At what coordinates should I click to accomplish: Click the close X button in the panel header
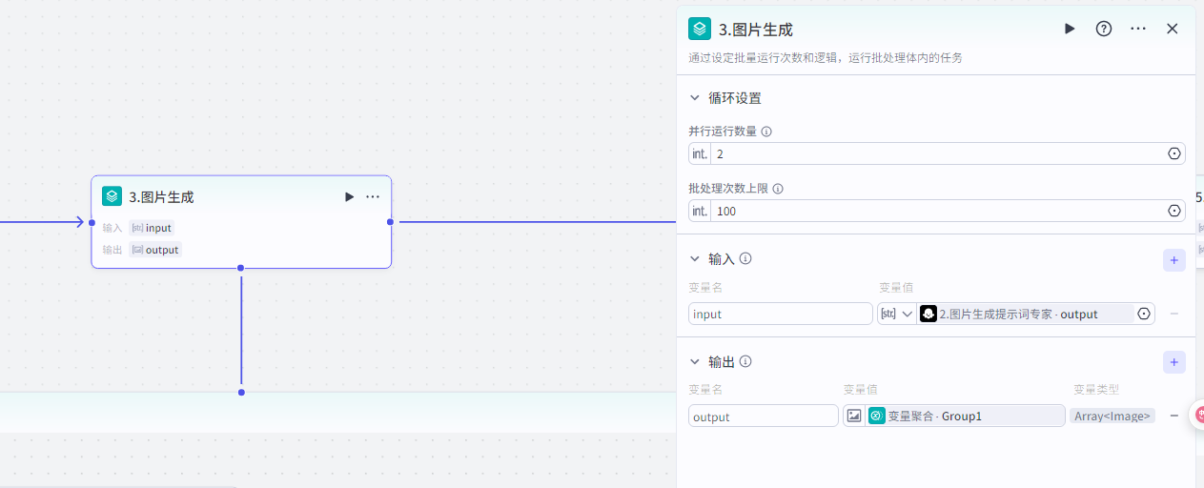[1173, 29]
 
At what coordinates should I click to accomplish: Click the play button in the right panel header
[1070, 29]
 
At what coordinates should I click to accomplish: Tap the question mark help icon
[1104, 29]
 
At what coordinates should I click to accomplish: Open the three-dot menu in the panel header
[1138, 29]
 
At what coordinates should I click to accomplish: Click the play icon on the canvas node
[349, 196]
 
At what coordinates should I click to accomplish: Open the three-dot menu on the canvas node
[373, 196]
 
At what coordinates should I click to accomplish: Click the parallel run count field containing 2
[934, 153]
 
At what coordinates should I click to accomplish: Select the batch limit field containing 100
[934, 211]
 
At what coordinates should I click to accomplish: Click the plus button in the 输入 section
[1173, 259]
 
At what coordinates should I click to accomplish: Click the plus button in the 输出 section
[1173, 362]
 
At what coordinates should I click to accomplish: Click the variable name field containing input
[780, 314]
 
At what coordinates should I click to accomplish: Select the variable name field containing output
[764, 417]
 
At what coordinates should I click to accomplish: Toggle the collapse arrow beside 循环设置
[695, 98]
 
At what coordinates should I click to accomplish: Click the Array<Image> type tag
[1112, 417]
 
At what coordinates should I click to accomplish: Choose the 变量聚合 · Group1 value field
[964, 417]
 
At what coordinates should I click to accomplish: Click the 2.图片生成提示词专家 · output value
[1025, 314]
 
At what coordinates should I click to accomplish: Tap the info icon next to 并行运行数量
[766, 132]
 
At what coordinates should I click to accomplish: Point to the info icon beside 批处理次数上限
[778, 189]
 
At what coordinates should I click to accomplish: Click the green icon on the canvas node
[112, 196]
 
